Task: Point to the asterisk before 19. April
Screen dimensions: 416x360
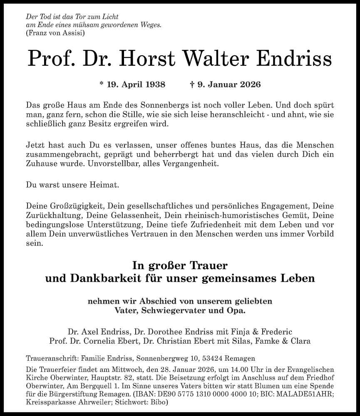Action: coord(102,84)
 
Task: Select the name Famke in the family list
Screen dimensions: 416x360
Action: coord(265,342)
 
